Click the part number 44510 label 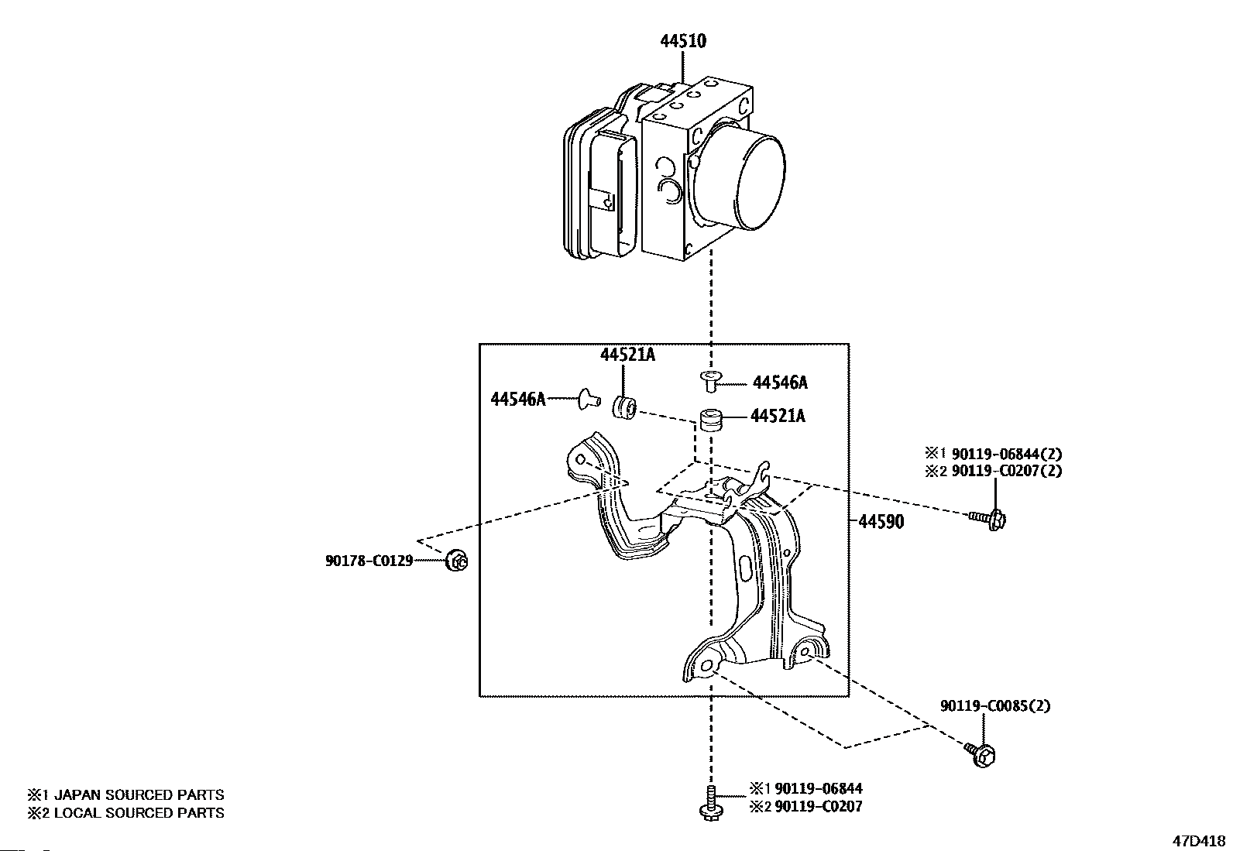click(x=683, y=41)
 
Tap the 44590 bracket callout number click(x=881, y=521)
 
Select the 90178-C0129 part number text click(x=369, y=561)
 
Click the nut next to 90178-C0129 click(x=456, y=561)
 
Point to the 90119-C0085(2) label click(x=995, y=705)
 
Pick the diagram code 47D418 click(x=1198, y=841)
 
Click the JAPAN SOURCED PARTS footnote click(x=125, y=794)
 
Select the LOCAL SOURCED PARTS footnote click(x=125, y=813)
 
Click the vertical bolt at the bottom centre click(x=711, y=804)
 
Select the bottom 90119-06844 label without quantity click(x=819, y=789)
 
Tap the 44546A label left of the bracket click(x=518, y=399)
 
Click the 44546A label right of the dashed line click(x=780, y=383)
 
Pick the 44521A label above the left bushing click(x=627, y=355)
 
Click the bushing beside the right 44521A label click(x=711, y=420)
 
